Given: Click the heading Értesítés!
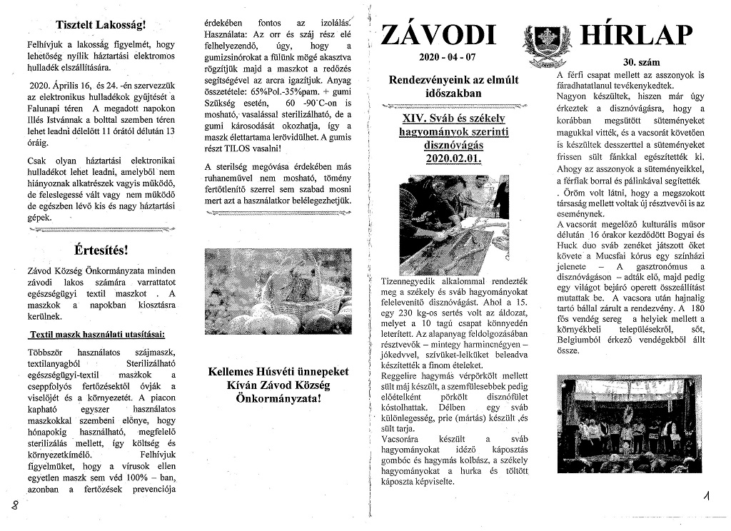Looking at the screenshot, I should (100, 251).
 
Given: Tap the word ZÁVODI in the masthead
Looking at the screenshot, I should (438, 34).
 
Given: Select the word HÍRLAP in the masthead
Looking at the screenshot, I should (637, 34).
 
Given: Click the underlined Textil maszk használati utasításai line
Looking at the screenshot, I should (96, 334).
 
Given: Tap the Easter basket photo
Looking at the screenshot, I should (278, 290).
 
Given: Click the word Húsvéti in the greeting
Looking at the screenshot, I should (290, 372).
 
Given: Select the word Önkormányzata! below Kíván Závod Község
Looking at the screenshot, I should (278, 398).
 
